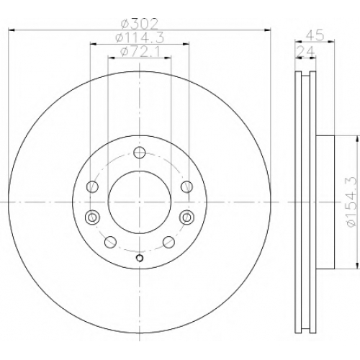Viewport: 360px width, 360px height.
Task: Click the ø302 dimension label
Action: click(x=140, y=24)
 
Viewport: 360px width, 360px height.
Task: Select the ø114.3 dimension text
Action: click(x=140, y=38)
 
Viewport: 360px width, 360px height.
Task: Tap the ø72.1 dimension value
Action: click(x=140, y=52)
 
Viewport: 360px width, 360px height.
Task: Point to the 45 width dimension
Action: click(x=315, y=35)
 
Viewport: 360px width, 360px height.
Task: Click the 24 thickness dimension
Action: click(x=305, y=51)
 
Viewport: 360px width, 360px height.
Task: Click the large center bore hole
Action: click(x=140, y=202)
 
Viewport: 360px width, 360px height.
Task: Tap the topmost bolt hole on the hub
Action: click(x=140, y=153)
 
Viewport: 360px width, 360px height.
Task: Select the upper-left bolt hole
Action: click(x=92, y=186)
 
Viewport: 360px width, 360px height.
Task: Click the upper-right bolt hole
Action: click(x=186, y=186)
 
